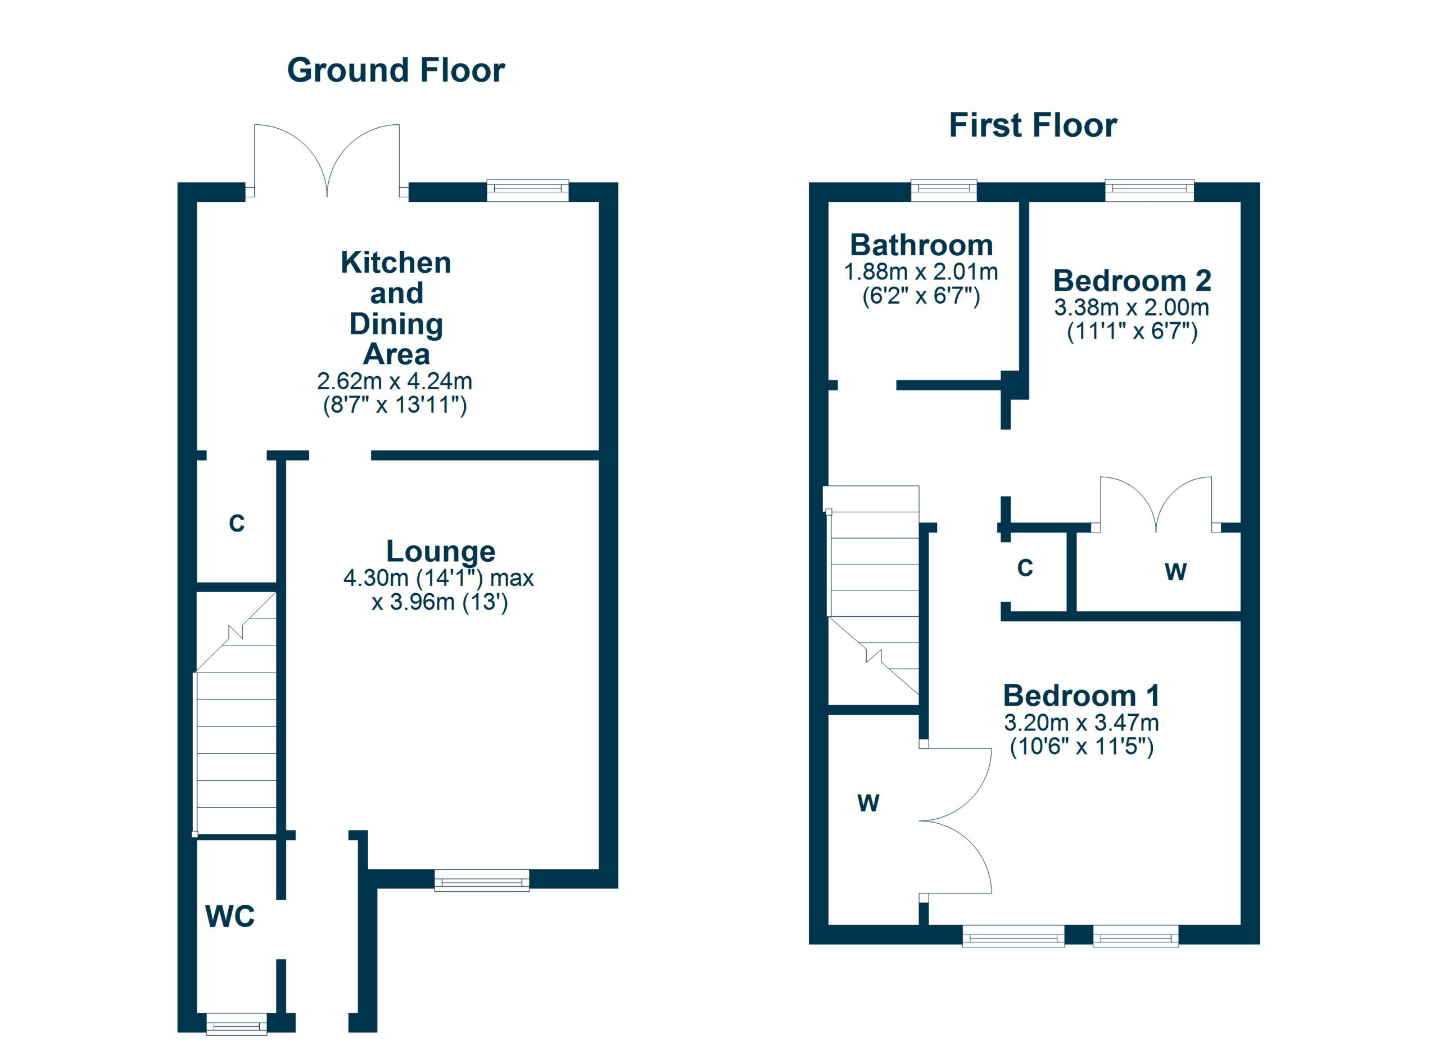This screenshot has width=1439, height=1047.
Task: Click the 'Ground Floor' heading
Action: [396, 70]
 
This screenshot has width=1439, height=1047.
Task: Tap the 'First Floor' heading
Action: [1033, 125]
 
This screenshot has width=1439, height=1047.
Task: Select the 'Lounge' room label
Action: [440, 552]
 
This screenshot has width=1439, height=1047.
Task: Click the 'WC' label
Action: [230, 917]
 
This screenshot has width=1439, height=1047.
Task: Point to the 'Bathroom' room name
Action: [921, 245]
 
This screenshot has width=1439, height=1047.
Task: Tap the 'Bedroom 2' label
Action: [1132, 281]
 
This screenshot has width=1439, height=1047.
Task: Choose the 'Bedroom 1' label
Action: [1081, 696]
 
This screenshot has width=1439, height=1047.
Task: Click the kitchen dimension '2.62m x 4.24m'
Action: [395, 381]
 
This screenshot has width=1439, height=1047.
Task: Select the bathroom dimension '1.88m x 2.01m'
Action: [921, 272]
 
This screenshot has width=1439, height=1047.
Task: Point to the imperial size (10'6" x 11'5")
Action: [1081, 747]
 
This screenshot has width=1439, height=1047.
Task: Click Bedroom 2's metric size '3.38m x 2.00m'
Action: [1132, 308]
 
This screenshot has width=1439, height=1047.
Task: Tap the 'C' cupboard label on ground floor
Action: [237, 523]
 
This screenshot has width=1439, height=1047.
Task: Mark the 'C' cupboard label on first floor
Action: [1025, 568]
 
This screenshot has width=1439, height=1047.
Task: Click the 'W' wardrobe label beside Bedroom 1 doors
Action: [868, 804]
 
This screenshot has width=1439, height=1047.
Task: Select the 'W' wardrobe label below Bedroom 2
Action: [1176, 572]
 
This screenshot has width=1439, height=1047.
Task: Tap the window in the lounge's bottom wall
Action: [482, 881]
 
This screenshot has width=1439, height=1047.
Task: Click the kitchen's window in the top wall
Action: [528, 191]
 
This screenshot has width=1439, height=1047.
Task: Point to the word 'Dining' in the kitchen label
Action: [396, 324]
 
